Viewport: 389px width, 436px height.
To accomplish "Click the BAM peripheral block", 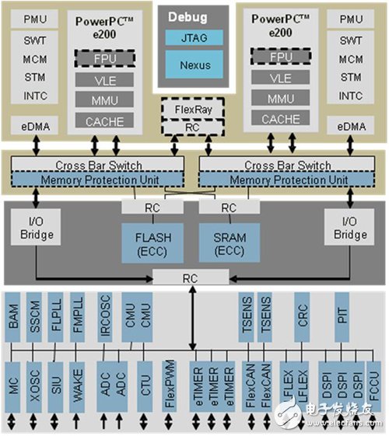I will [15, 319].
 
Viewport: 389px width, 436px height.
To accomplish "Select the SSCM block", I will [36, 319].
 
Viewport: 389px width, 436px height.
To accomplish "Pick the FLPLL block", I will [57, 319].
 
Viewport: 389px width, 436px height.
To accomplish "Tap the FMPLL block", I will [78, 319].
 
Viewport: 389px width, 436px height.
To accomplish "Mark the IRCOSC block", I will [105, 319].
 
